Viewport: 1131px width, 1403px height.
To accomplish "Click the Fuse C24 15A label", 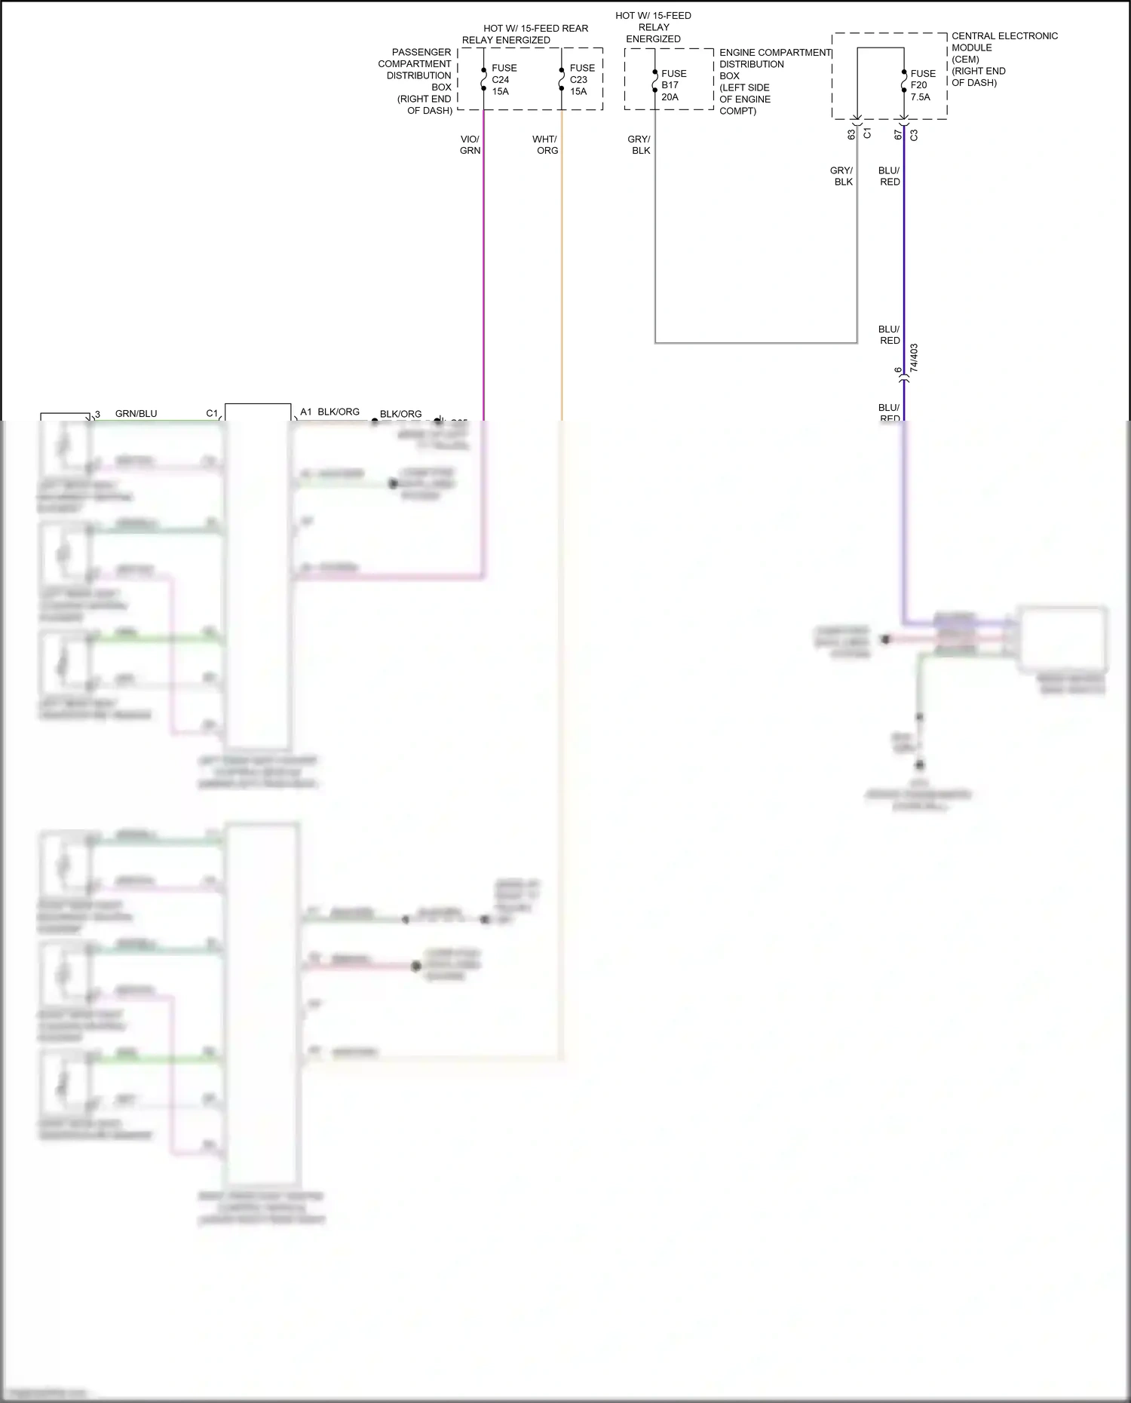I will coord(504,79).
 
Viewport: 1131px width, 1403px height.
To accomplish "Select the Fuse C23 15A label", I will coord(581,79).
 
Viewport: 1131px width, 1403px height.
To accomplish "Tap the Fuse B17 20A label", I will coord(673,85).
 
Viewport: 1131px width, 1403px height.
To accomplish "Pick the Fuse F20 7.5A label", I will coord(922,85).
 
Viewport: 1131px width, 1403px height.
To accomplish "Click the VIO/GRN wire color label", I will coord(470,145).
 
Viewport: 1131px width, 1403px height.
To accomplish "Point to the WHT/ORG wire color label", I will coord(545,145).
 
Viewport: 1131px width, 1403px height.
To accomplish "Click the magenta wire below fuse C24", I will coord(483,264).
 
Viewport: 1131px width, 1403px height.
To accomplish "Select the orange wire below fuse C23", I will coord(562,264).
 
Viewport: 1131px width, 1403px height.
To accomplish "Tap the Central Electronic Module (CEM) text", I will coord(1004,59).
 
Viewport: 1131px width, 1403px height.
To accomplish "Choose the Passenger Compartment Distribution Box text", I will coord(417,81).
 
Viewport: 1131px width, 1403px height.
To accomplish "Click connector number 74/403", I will coord(914,358).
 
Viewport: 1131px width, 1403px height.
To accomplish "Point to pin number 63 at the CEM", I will coord(851,134).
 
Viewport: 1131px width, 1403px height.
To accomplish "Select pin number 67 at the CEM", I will coord(898,134).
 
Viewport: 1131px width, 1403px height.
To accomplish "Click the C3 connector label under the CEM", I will coord(914,135).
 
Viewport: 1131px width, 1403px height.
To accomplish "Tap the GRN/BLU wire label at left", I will coord(136,413).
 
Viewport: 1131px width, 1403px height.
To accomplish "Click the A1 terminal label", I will coord(305,412).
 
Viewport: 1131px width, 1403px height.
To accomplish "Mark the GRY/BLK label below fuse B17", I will coord(639,145).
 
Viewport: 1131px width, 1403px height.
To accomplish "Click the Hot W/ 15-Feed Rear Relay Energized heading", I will coord(525,34).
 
